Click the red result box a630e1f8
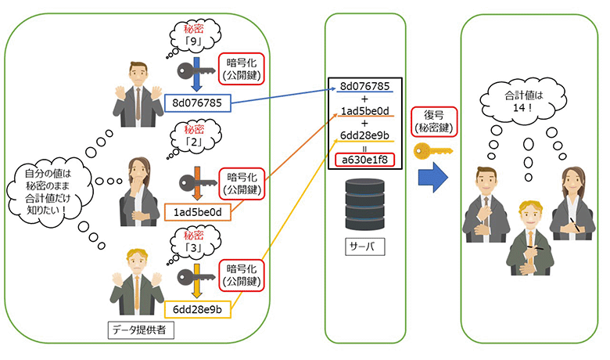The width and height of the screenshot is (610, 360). [365, 161]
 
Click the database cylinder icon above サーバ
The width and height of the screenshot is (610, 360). [364, 200]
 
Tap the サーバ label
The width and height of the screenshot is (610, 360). [364, 247]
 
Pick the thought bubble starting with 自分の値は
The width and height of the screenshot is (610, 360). [49, 192]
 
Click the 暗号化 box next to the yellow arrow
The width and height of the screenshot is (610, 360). [242, 282]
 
